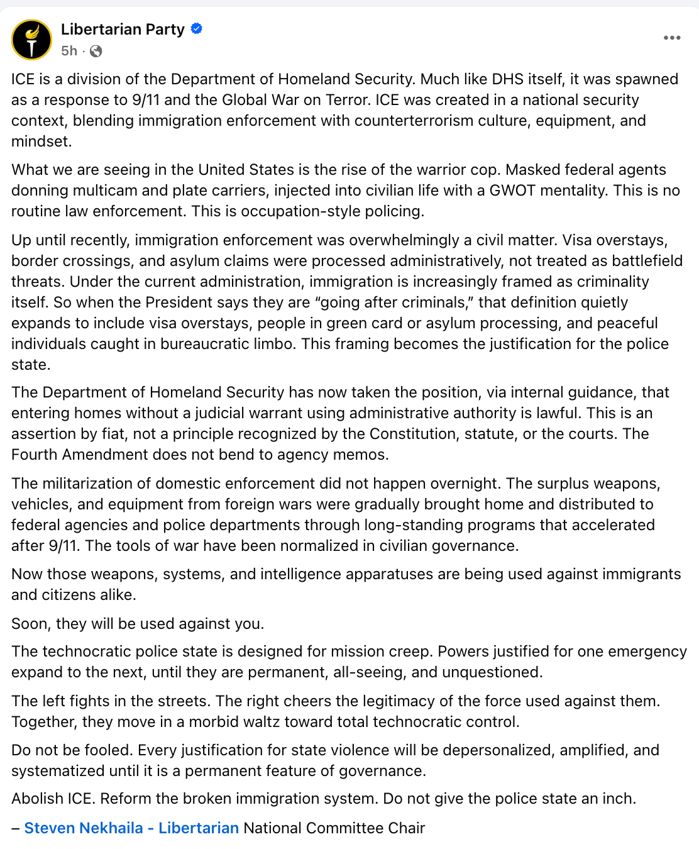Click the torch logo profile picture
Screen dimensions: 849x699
point(31,40)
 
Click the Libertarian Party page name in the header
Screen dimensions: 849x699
point(123,30)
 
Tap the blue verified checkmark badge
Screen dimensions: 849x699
point(197,29)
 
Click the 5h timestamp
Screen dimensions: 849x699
point(69,51)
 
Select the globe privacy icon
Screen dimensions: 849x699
point(96,52)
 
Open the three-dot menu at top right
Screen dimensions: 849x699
point(672,38)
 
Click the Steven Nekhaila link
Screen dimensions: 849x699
point(83,828)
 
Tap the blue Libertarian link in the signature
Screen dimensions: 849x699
point(199,828)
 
